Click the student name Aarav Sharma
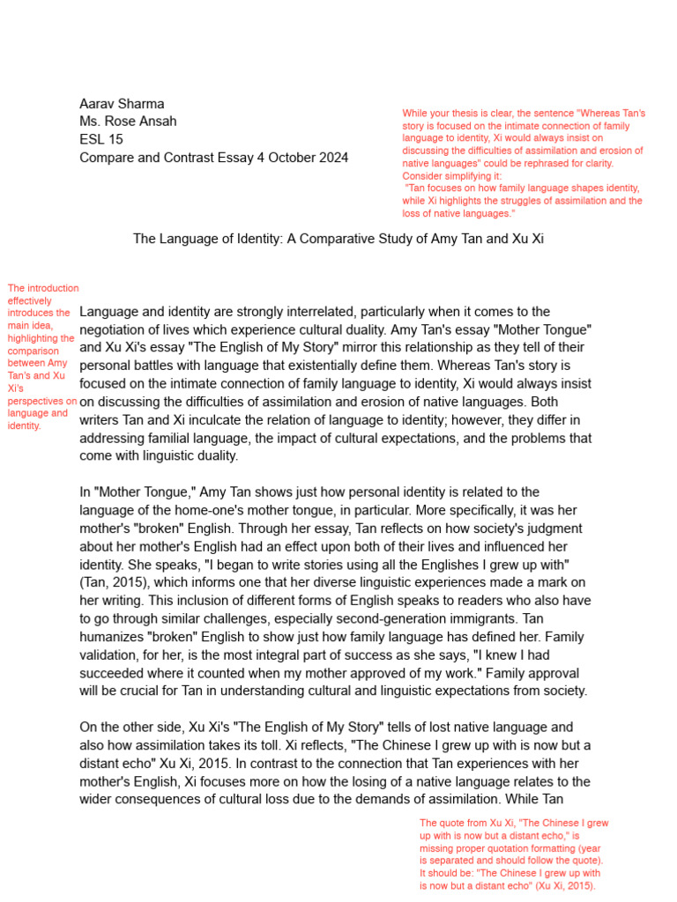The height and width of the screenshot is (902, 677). point(122,104)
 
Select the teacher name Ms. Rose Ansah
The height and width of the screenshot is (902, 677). point(128,122)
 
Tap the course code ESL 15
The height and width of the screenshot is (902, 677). point(101,140)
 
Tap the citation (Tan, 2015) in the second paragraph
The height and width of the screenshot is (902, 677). point(114,582)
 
